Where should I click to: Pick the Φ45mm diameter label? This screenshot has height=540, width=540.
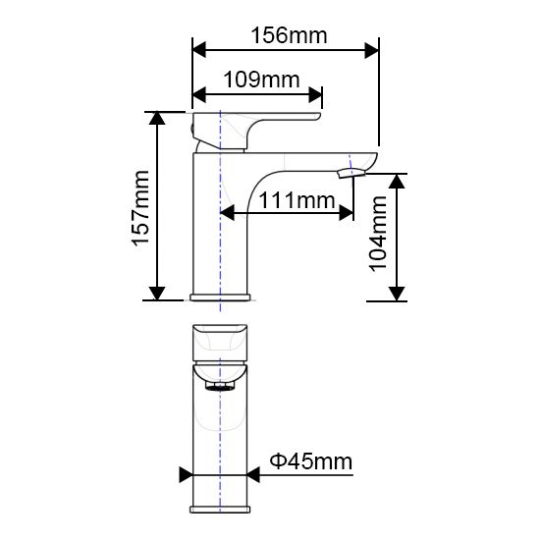[311, 460]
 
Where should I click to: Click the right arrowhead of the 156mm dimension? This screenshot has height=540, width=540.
[372, 47]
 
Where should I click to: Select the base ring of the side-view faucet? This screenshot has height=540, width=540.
[221, 297]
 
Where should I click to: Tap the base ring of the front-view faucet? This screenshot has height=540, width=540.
[220, 509]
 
